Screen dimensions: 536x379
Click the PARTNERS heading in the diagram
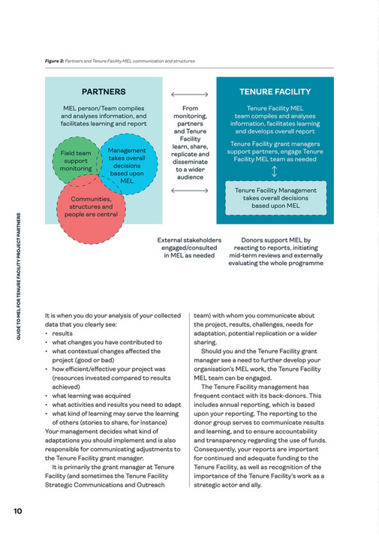(104, 92)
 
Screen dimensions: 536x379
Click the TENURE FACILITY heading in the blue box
(275, 92)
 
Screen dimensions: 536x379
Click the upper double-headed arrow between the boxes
(189, 95)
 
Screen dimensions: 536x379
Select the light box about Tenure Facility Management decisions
(275, 198)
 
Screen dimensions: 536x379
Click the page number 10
(17, 511)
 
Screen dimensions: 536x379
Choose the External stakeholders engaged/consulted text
(189, 248)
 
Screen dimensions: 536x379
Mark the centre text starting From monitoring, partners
(189, 143)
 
